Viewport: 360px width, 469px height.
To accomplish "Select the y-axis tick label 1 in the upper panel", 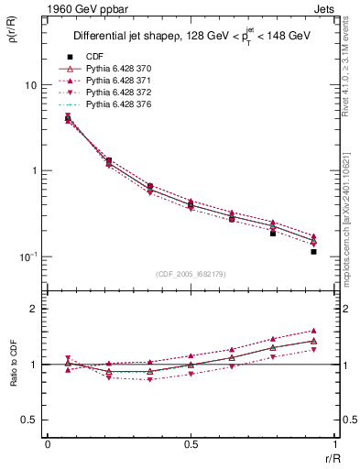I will tap(33, 171).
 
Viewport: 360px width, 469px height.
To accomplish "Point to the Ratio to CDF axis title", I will tap(12, 365).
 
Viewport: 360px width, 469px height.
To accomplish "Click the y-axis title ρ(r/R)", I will tap(12, 38).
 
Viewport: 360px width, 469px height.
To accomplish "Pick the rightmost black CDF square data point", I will tap(313, 251).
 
